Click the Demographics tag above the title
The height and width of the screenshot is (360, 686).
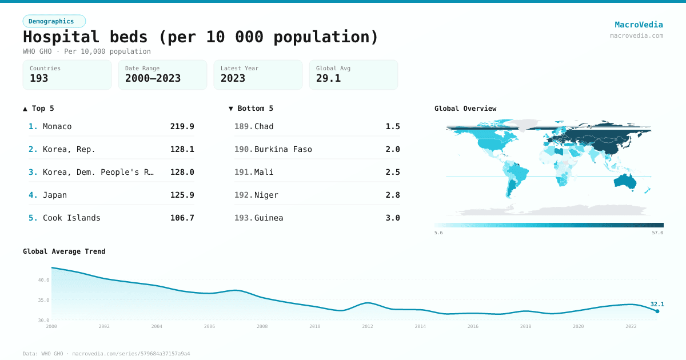(x=54, y=21)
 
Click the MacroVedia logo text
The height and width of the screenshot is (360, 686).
(x=639, y=25)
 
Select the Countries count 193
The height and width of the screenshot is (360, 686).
(x=39, y=78)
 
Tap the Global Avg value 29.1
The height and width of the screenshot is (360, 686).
(x=328, y=78)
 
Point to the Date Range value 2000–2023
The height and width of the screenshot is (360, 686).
(x=153, y=78)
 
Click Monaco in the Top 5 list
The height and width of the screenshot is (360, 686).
(x=57, y=126)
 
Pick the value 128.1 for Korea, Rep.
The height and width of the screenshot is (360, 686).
(x=182, y=149)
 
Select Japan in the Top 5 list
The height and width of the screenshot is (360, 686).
(x=55, y=195)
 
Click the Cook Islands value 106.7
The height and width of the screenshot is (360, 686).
(x=182, y=218)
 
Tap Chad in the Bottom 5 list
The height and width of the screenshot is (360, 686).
(x=264, y=126)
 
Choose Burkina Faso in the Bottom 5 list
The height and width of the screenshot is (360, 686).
(x=283, y=149)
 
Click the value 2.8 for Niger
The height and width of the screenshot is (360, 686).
(x=393, y=195)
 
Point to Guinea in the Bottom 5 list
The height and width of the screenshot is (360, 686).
(x=269, y=218)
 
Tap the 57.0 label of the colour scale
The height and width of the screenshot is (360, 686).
(x=657, y=233)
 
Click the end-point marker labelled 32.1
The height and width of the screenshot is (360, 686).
(x=657, y=311)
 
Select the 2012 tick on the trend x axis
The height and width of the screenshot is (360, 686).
(x=368, y=326)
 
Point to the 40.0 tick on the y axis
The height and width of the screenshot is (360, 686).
(x=43, y=280)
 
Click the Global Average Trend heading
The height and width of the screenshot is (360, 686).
(x=64, y=251)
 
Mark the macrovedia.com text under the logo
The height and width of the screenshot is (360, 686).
(x=636, y=35)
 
